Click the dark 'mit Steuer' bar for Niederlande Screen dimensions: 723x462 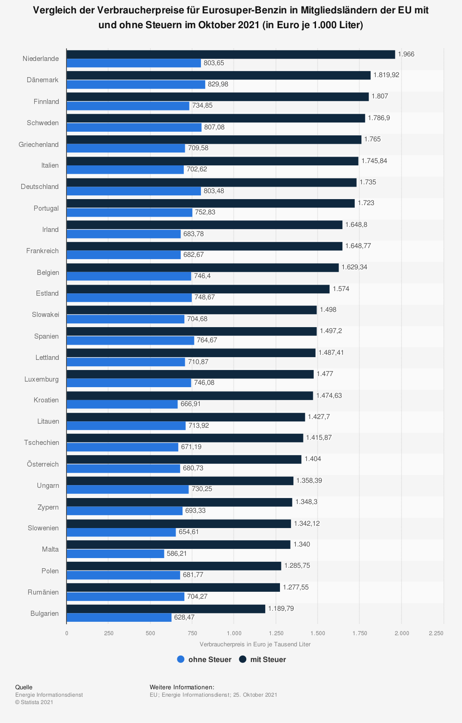point(231,55)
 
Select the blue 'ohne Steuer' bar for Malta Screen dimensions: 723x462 point(115,553)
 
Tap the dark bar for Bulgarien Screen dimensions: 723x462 point(166,609)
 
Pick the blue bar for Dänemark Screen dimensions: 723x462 point(136,85)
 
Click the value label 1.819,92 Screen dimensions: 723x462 point(386,75)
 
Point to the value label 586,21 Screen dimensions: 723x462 point(177,553)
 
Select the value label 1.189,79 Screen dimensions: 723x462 point(281,608)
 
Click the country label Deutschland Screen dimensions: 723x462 point(40,187)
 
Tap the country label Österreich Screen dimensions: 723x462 point(43,464)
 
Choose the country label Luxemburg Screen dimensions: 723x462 point(42,379)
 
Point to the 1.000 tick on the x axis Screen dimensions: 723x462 point(234,633)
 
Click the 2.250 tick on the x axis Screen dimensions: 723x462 point(436,633)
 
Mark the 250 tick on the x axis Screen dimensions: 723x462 point(109,633)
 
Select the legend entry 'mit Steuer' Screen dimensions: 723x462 point(262,660)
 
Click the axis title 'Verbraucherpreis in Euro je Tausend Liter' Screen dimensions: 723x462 point(255,644)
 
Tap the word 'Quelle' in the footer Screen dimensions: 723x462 point(24,687)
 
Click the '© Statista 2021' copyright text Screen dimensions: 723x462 point(34,702)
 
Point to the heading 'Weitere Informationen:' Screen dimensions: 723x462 point(182,687)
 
